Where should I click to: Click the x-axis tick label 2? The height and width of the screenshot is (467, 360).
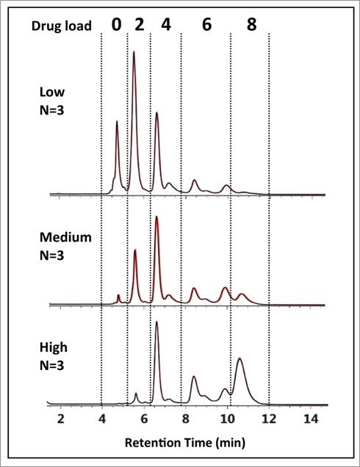60,418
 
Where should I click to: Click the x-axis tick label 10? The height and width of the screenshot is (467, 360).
228,418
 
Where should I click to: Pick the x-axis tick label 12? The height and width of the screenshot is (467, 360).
270,418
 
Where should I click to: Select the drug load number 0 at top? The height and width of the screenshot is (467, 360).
116,24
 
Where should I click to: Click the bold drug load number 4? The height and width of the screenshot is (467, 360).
165,24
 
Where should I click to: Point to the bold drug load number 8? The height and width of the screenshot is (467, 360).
251,24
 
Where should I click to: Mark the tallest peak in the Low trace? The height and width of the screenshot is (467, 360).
134,54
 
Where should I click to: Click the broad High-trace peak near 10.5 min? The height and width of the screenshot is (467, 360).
239,361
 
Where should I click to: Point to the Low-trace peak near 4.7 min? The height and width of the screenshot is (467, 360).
117,123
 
